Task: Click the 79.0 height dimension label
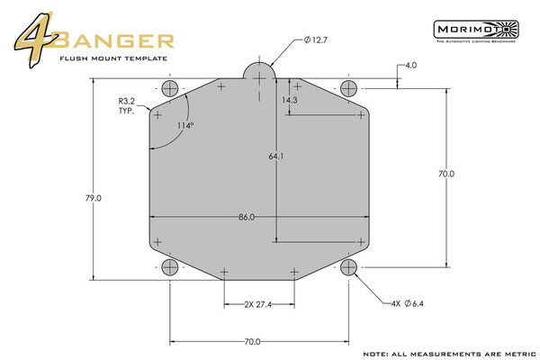(93, 197)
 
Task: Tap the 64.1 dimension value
(276, 157)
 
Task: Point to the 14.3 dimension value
(289, 101)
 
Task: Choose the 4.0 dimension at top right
(410, 66)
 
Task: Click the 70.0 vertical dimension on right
(446, 173)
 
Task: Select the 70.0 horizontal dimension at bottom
(252, 341)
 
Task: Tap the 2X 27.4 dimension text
(257, 305)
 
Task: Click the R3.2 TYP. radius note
(128, 107)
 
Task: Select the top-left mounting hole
(169, 87)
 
